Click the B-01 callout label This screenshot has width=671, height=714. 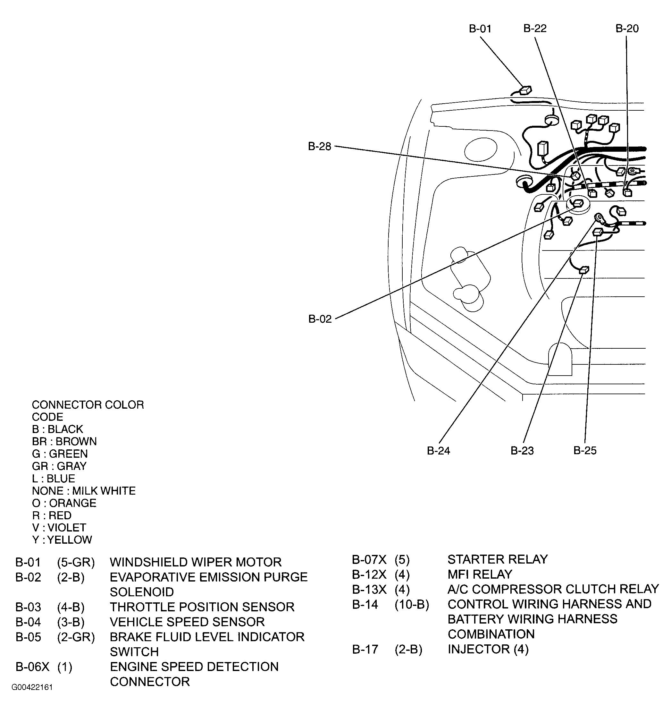coord(480,29)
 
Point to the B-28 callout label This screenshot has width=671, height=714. coord(320,147)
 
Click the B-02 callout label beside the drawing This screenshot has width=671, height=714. coord(320,319)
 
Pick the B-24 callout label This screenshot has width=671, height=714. coord(438,451)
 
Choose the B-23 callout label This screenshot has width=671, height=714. coord(522,451)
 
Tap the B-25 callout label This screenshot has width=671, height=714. coord(585,450)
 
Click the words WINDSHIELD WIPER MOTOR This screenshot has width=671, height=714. coord(195,562)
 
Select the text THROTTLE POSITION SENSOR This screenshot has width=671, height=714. coord(202,607)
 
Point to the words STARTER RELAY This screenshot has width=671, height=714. coord(497,559)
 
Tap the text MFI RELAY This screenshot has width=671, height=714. coord(479,574)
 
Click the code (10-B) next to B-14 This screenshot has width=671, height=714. coord(412,604)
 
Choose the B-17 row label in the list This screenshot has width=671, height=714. coord(365,649)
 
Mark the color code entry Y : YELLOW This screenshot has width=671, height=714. coord(62,540)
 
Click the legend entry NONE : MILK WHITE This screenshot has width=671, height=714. coord(84,491)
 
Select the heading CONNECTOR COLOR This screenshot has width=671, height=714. coord(88,405)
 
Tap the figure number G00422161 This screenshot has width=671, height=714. coord(32,687)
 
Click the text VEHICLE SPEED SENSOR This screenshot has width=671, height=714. coord(187,622)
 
